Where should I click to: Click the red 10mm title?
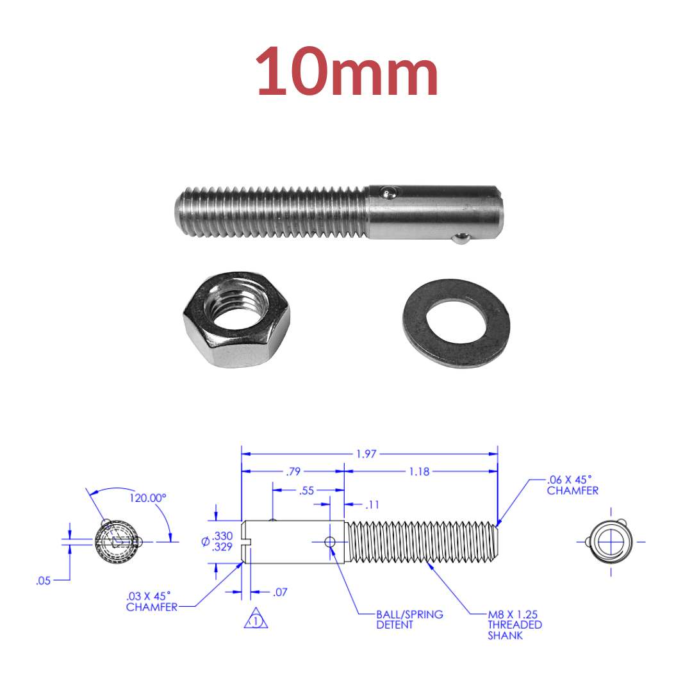click(x=347, y=72)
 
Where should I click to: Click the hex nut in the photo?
click(x=236, y=320)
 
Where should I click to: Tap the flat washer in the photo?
click(x=456, y=324)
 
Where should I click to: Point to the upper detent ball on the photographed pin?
click(x=389, y=193)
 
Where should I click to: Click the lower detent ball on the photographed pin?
click(x=460, y=239)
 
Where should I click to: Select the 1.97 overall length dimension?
click(x=367, y=454)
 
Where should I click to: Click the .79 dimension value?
click(x=293, y=472)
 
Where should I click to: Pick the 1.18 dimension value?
click(x=419, y=472)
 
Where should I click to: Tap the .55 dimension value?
click(x=307, y=490)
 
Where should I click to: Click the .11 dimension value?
click(x=373, y=504)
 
